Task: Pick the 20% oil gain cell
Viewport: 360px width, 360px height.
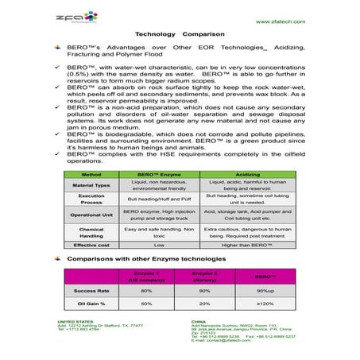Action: point(205,304)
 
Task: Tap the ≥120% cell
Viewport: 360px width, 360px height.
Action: point(264,304)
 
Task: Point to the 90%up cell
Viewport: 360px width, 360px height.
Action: point(264,291)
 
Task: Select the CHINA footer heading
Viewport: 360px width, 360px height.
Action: point(199,321)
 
